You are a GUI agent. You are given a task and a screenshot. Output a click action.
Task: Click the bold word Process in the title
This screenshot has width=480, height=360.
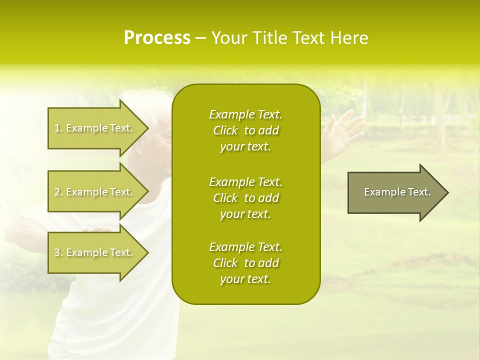(x=157, y=38)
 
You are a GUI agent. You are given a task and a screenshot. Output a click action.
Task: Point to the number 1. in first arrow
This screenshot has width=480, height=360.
(x=58, y=128)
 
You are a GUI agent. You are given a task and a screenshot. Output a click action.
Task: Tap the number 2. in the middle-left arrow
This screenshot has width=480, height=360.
(x=58, y=192)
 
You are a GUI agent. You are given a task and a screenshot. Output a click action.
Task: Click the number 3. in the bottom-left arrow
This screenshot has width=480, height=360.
(x=58, y=253)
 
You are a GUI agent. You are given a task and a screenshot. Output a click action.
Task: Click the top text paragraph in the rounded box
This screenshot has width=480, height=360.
(x=245, y=130)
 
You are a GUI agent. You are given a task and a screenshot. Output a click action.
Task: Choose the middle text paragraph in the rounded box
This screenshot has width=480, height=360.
(x=245, y=198)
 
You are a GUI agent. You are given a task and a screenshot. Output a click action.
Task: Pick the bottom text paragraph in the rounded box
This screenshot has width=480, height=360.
(x=245, y=263)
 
